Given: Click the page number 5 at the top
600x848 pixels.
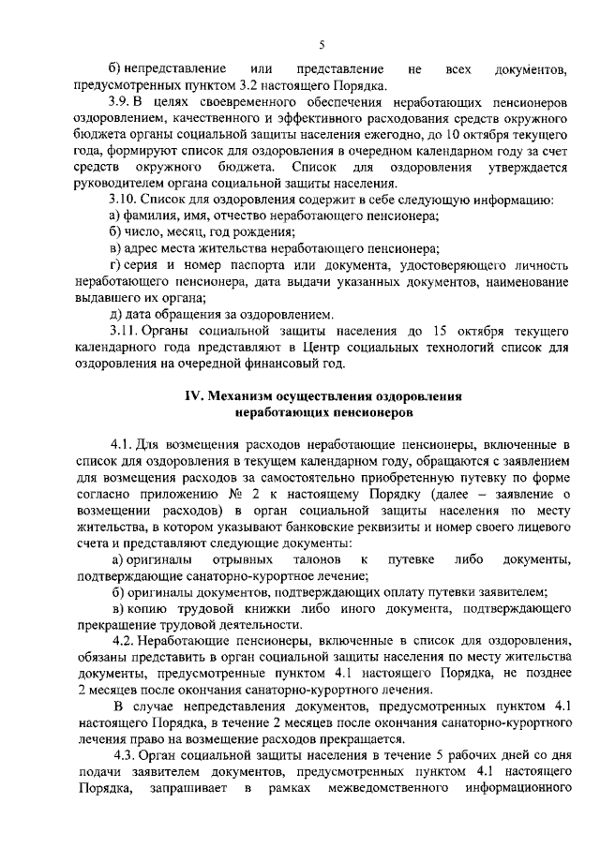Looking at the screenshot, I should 321,44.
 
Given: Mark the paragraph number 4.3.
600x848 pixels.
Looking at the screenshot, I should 127,755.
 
